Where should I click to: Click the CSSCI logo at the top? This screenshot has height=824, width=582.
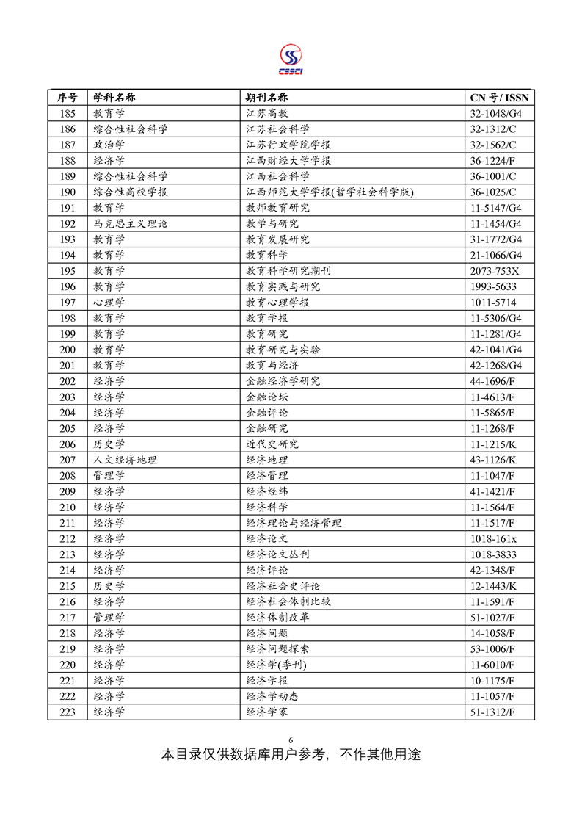[291, 59]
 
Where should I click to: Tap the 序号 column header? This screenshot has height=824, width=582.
[68, 98]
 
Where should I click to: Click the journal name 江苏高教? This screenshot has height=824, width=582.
[266, 114]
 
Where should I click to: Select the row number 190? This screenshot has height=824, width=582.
[68, 192]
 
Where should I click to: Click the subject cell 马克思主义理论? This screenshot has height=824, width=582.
[125, 224]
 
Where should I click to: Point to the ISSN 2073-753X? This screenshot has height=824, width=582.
[494, 271]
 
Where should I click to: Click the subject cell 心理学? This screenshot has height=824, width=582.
[109, 303]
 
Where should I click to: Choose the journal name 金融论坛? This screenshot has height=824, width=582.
[266, 397]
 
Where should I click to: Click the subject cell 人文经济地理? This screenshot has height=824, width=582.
[125, 460]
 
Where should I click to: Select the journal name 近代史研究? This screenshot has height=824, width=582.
[272, 444]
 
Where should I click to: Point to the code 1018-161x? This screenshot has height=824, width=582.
[493, 538]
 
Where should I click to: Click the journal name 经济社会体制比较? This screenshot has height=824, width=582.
[288, 601]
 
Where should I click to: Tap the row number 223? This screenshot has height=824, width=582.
[68, 712]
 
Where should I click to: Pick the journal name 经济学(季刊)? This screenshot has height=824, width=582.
[276, 665]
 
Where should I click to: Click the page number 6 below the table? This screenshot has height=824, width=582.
[291, 739]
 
